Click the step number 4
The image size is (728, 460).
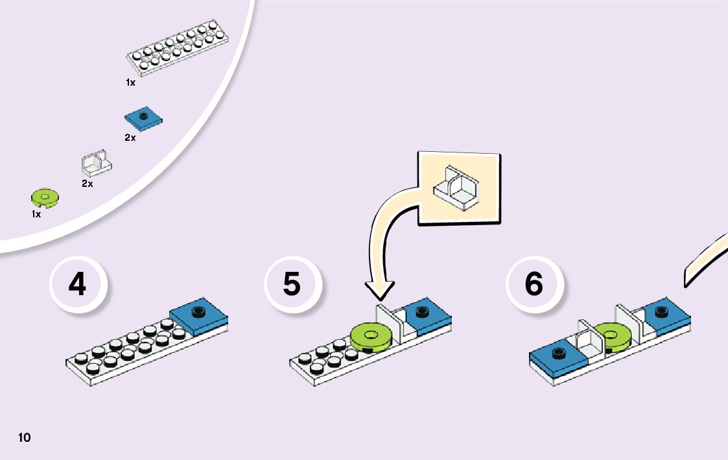pos(77,285)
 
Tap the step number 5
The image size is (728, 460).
pos(292,285)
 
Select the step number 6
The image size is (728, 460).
pos(534,285)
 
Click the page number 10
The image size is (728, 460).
pos(24,437)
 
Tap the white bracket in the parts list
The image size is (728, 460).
pos(96,163)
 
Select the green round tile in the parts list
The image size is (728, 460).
pos(45,197)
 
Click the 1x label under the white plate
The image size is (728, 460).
pos(130,82)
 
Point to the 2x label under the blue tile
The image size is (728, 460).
pos(130,138)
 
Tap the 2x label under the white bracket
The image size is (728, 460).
pos(87,184)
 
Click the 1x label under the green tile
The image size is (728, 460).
pos(36,213)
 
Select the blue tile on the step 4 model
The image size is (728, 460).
pos(199,315)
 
